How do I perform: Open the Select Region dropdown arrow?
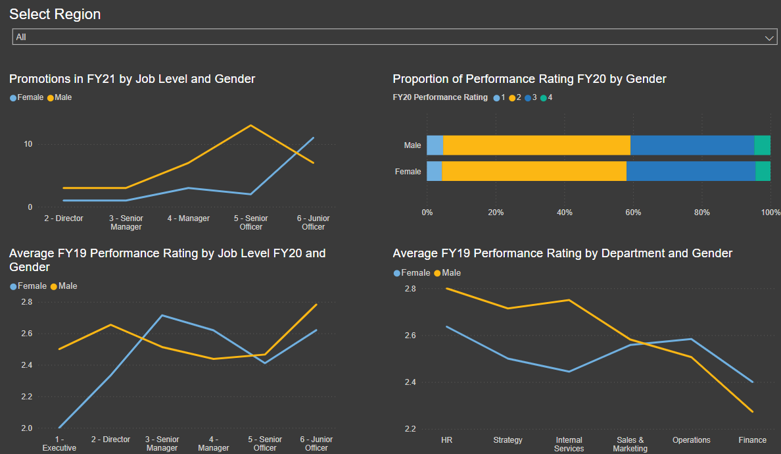(x=770, y=38)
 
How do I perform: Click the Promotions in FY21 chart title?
(x=132, y=79)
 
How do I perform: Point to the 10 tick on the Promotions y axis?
(x=28, y=144)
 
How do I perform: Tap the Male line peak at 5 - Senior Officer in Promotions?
(x=250, y=125)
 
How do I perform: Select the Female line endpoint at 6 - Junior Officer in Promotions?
(x=314, y=138)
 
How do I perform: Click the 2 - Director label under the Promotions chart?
(x=64, y=218)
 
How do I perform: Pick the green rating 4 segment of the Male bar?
(x=762, y=145)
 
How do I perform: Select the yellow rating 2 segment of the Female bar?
(x=534, y=171)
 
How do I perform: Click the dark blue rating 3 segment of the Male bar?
(x=692, y=145)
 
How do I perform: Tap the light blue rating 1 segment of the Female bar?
(x=434, y=171)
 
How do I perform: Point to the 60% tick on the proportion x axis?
(x=633, y=213)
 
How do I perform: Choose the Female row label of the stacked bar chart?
(x=408, y=172)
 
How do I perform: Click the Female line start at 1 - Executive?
(x=60, y=428)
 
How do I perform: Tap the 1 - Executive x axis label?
(x=59, y=443)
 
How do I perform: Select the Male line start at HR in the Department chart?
(x=447, y=288)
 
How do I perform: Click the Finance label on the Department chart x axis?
(x=752, y=440)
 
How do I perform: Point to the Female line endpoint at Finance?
(x=752, y=382)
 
